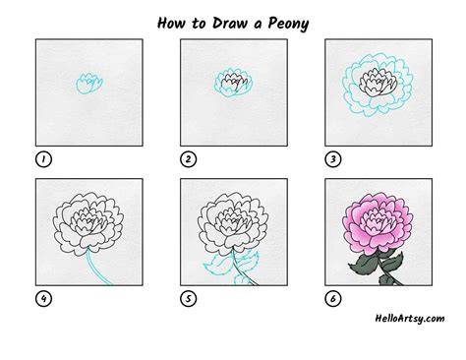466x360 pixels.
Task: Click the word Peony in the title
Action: [288, 24]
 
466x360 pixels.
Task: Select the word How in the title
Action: [172, 23]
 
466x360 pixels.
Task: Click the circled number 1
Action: [43, 159]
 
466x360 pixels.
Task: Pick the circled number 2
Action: [189, 159]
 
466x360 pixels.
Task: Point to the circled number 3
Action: [333, 159]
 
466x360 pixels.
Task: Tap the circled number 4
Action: [43, 299]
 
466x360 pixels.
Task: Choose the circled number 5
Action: [189, 299]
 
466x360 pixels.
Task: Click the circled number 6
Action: [333, 299]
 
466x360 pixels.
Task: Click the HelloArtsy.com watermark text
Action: [410, 319]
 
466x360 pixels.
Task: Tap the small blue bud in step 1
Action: [89, 84]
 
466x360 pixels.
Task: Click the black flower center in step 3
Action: [379, 83]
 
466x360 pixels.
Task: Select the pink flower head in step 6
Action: [378, 224]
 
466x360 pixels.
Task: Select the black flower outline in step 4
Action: [88, 224]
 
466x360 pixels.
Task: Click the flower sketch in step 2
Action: [234, 83]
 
